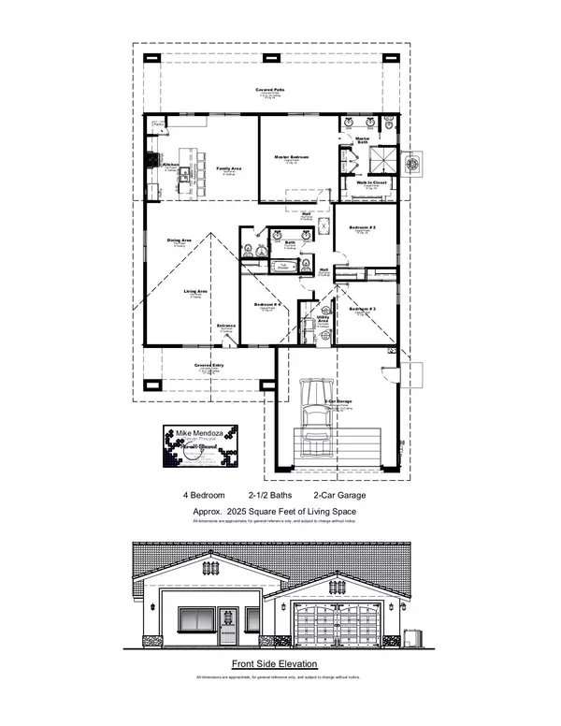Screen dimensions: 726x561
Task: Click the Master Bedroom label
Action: pos(291,157)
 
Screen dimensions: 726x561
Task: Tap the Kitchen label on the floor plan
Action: pos(170,165)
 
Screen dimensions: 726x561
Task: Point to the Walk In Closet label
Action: pos(371,183)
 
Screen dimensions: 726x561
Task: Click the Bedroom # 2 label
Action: pos(364,228)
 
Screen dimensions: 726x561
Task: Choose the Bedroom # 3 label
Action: pos(363,309)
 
